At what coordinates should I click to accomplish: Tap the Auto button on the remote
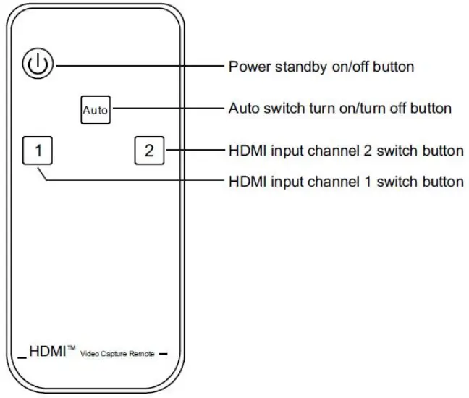coord(95,110)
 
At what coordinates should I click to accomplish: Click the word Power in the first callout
coord(246,67)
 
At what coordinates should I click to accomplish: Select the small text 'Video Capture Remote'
coord(117,354)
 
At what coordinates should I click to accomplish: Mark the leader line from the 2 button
coord(192,151)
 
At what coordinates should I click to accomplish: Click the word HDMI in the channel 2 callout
coord(246,151)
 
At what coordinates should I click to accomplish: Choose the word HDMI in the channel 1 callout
coord(246,181)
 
